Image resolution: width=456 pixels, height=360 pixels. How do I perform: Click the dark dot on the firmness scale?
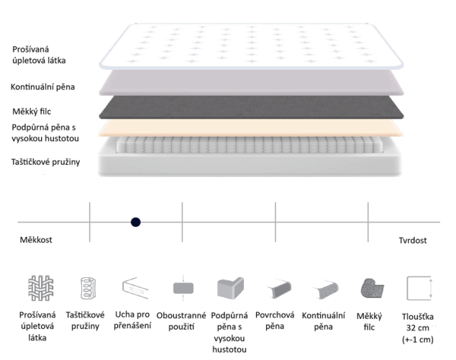point(135,222)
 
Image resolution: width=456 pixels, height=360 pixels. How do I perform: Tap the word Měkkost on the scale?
point(36,240)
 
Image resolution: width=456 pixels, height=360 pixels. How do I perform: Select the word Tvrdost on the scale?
point(412,240)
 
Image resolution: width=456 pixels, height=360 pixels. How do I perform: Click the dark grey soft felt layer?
point(251,107)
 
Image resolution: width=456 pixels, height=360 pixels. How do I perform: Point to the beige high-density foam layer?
point(251,128)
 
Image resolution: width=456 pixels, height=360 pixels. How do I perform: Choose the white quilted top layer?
point(251,46)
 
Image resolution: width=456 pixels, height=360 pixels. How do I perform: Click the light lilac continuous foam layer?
point(251,83)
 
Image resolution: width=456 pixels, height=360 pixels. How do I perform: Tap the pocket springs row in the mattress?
point(250,145)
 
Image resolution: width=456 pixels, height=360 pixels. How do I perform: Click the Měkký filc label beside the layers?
point(32,112)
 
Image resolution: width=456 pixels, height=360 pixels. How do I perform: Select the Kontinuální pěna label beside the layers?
point(42,87)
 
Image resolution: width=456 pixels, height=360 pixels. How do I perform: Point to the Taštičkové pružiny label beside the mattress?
point(45,162)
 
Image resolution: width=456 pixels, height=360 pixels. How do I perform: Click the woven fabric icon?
point(41,288)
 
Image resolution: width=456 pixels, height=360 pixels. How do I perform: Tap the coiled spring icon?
point(88,288)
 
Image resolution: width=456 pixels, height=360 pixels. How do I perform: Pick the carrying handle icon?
point(135,288)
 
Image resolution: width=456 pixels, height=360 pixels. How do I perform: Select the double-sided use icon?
point(183,288)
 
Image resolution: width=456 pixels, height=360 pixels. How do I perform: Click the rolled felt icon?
point(373,289)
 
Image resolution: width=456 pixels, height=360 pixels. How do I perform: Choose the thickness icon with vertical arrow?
point(419,288)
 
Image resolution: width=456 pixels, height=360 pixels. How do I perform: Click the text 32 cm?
point(418,328)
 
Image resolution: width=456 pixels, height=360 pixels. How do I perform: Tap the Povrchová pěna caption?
point(275,320)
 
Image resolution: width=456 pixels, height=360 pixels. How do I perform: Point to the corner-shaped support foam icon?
point(230,288)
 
